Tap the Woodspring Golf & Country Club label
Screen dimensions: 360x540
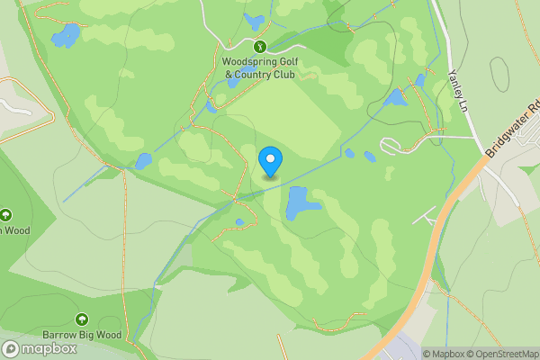[258, 68]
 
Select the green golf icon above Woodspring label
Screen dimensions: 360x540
[259, 46]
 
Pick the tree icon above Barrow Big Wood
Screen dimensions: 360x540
[82, 319]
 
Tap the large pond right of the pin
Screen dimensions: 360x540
[301, 202]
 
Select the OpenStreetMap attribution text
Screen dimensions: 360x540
[504, 354]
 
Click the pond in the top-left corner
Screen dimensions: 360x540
[65, 36]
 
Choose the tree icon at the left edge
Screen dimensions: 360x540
[5, 215]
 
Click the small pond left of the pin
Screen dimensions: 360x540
[143, 161]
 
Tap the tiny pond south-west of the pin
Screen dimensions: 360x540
[239, 222]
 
